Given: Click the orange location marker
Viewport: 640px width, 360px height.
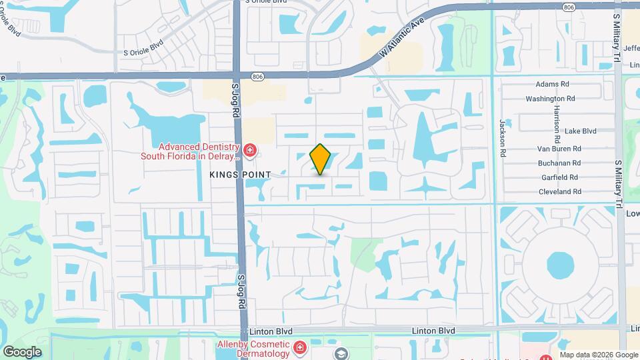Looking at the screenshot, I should point(321,159).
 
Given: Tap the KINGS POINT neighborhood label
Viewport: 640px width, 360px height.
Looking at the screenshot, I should point(240,175).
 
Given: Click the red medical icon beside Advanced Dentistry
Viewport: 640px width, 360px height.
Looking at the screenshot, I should point(250,152).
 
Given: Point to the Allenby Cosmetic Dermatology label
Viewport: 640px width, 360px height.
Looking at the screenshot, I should point(253,349).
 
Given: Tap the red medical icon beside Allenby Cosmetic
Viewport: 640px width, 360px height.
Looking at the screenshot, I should point(299,348).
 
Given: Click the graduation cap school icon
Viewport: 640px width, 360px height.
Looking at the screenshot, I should point(341,353).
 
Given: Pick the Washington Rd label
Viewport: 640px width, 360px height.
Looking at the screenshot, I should point(550,99).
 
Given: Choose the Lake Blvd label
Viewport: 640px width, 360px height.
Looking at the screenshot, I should point(580,131).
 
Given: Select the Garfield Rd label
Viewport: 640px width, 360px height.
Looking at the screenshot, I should point(559,177).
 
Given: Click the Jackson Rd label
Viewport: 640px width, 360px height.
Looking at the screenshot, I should point(503,137).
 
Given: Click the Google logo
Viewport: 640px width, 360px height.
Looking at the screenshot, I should point(22,351).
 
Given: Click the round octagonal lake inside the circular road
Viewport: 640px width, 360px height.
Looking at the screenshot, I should point(560,265).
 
